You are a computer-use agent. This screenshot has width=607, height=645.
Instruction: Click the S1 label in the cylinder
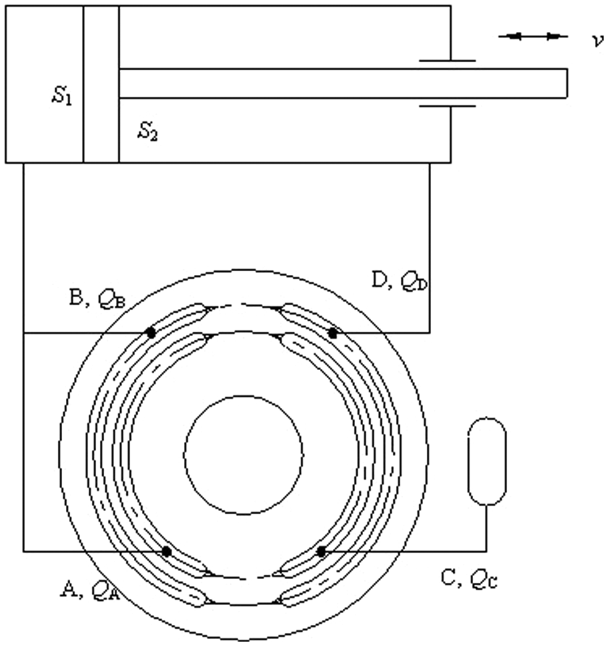pyautogui.click(x=62, y=95)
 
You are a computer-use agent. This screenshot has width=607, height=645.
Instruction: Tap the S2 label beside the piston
pyautogui.click(x=148, y=132)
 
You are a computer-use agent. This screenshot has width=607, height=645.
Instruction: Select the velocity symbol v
pyautogui.click(x=598, y=40)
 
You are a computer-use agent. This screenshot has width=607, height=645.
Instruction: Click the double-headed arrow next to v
pyautogui.click(x=533, y=36)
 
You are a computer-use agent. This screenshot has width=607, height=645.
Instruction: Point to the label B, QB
pyautogui.click(x=97, y=298)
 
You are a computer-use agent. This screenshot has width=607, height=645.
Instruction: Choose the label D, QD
pyautogui.click(x=400, y=280)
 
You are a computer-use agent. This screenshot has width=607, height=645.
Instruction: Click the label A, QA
pyautogui.click(x=91, y=589)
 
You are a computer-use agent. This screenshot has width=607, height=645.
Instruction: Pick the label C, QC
pyautogui.click(x=470, y=579)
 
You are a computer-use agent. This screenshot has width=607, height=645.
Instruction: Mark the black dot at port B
pyautogui.click(x=151, y=333)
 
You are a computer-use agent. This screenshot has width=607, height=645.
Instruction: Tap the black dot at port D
pyautogui.click(x=333, y=333)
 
